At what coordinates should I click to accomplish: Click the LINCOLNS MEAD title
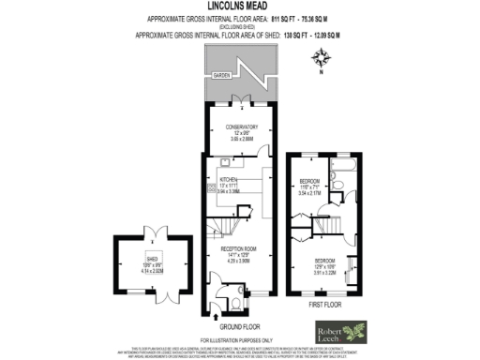click(240, 6)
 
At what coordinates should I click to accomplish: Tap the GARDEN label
click(221, 74)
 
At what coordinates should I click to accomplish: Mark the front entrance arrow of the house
click(210, 314)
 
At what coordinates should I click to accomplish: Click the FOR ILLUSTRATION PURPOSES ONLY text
click(239, 338)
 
